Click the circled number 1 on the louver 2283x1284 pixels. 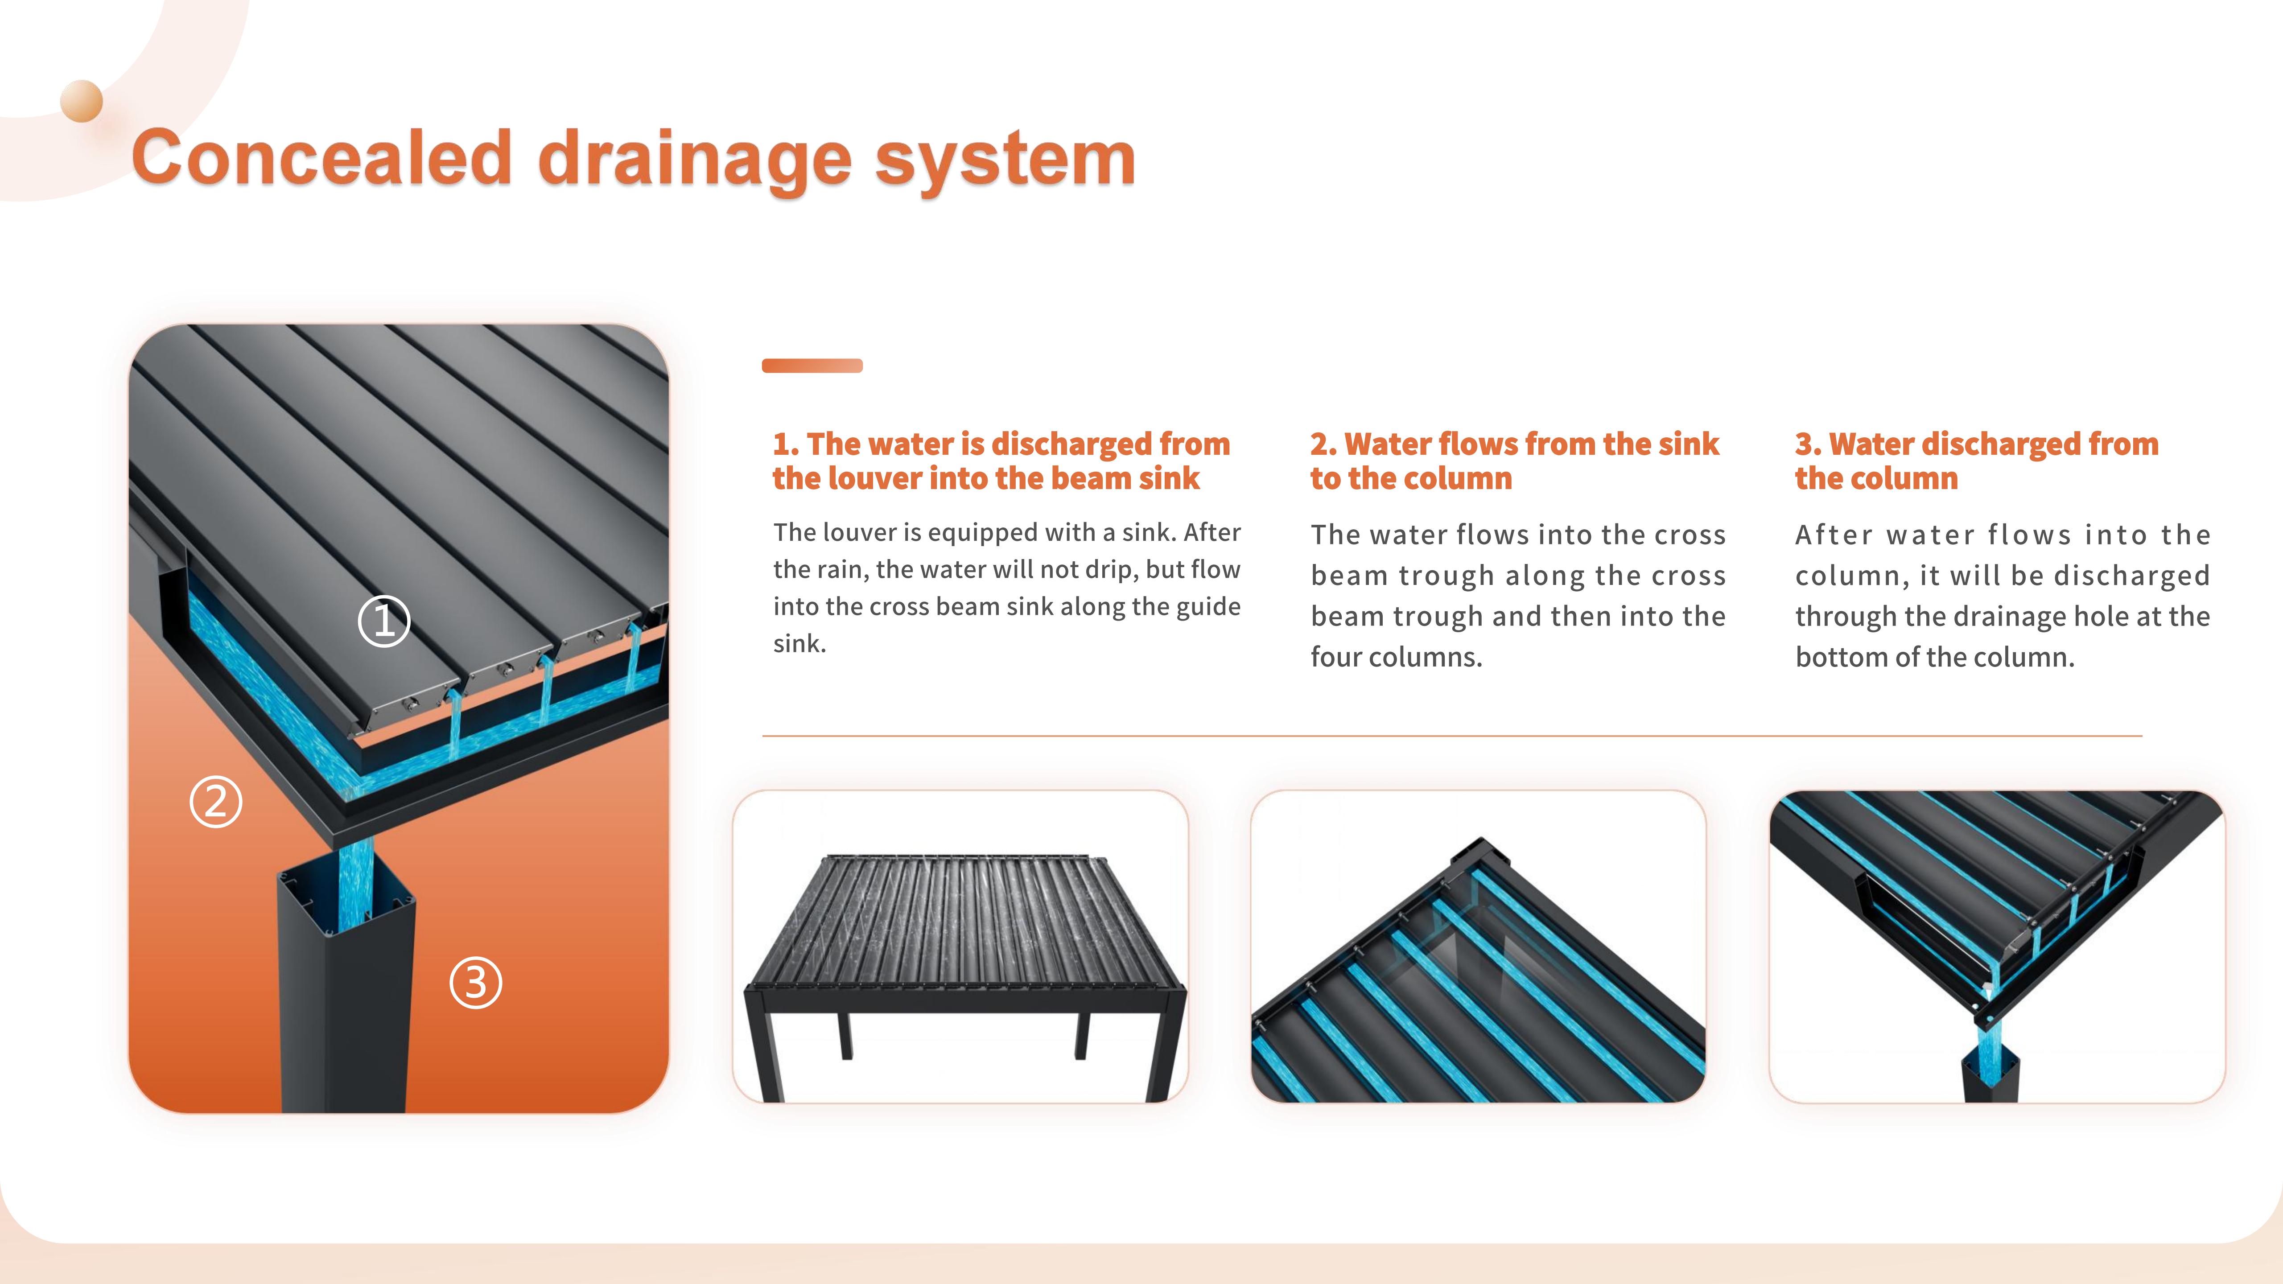point(384,621)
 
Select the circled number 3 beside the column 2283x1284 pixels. point(476,983)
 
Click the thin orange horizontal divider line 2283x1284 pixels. point(1452,736)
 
